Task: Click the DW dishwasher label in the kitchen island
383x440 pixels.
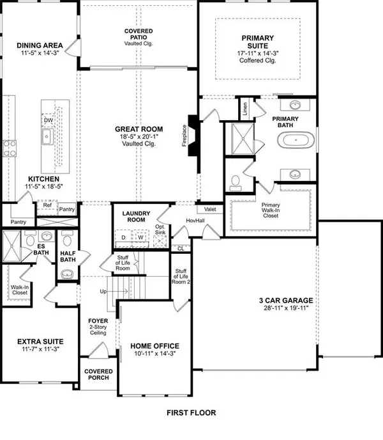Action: (49, 120)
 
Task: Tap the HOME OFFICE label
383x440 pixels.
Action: (151, 346)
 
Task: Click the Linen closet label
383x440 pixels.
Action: (245, 109)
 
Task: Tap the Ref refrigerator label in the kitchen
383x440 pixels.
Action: (47, 205)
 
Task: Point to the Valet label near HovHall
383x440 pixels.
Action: (209, 209)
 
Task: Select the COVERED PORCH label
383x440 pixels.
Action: (98, 375)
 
